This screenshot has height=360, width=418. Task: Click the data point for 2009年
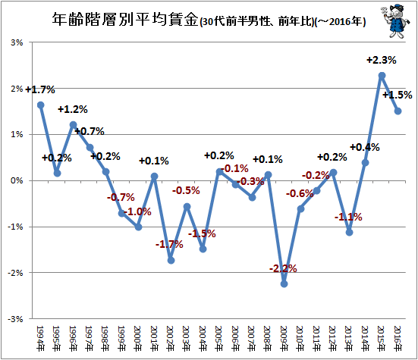pos(284,284)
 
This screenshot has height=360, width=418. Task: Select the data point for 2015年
pos(382,76)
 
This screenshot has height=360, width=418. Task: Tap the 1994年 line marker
pos(40,105)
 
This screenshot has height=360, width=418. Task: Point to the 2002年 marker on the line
pos(171,260)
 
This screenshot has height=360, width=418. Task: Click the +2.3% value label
pos(382,60)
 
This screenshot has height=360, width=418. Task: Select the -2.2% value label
pos(283,268)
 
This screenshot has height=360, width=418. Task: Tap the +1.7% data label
pos(40,89)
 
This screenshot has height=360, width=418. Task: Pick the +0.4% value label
pos(365,147)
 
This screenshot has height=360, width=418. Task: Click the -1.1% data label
pos(348,217)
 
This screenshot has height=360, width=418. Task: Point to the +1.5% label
pos(398,95)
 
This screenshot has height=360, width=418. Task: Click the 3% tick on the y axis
pos(17,42)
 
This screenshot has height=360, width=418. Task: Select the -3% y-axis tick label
pos(15,319)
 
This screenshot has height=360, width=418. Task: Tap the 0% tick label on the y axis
pos(17,180)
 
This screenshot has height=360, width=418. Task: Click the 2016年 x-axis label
pos(398,338)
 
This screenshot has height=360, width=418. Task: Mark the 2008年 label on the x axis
pos(268,338)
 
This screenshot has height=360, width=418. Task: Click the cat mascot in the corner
pos(394,20)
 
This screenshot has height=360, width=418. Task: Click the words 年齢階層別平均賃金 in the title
pos(125,20)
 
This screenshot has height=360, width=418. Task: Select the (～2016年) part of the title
pos(341,21)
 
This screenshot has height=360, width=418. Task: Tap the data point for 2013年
pos(349,232)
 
